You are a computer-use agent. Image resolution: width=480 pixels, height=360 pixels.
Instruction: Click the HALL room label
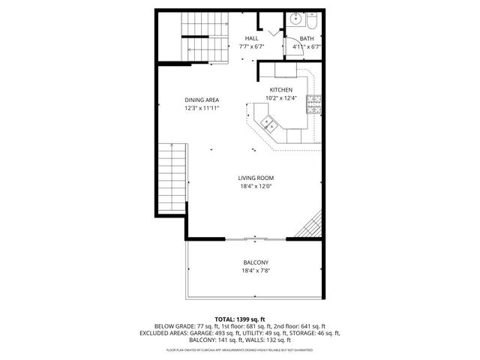pos(251,38)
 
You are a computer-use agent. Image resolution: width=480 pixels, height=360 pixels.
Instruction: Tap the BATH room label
pos(307,38)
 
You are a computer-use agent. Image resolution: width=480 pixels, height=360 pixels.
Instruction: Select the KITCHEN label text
pos(281,90)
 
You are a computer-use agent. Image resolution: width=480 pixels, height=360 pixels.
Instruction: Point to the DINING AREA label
pos(202,100)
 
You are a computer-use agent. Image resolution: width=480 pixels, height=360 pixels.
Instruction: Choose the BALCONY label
pos(255,262)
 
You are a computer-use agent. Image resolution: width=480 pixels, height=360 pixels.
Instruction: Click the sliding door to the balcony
pos(255,239)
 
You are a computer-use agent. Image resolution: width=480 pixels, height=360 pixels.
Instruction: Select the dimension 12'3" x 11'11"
pos(202,108)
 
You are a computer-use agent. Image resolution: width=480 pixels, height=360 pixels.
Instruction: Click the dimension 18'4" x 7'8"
pos(255,271)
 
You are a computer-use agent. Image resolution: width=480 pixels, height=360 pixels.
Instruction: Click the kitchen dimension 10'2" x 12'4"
pos(281,98)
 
